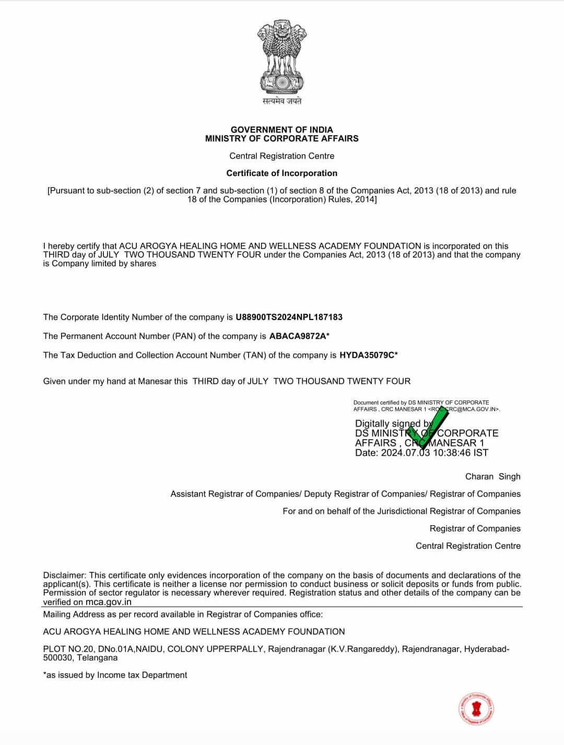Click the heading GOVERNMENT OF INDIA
coord(281,129)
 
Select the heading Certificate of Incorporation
coord(281,173)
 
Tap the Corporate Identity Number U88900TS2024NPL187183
coord(289,317)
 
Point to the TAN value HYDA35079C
coord(366,355)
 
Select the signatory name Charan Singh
coord(492,477)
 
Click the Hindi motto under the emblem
coord(281,101)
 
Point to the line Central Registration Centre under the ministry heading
coord(281,156)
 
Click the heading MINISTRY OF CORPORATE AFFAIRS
coord(281,139)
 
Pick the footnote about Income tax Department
coord(115,675)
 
